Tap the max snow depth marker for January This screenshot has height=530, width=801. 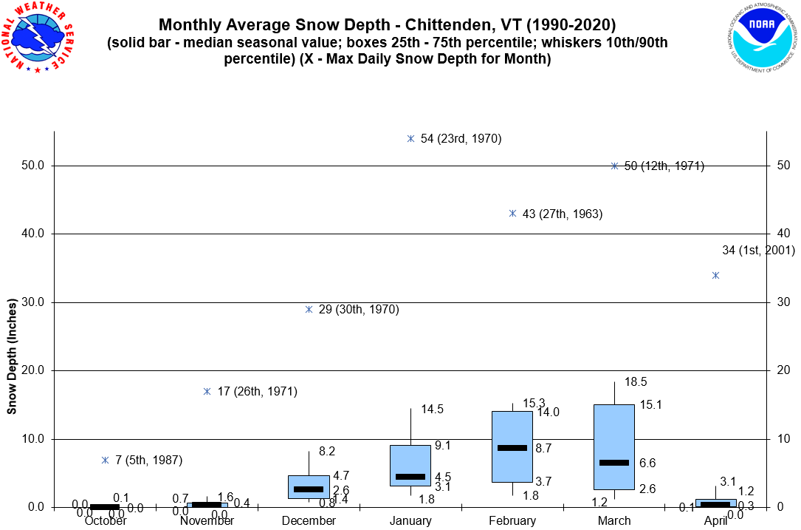[x=410, y=138]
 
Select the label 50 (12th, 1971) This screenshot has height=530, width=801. [x=664, y=166]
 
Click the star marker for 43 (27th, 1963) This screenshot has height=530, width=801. [x=512, y=214]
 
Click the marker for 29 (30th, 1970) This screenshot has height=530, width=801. [x=309, y=310]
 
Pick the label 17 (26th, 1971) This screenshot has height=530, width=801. [x=257, y=392]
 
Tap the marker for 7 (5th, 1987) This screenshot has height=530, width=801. [x=105, y=460]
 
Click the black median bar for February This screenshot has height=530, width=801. [x=512, y=448]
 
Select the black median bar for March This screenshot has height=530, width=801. [x=614, y=462]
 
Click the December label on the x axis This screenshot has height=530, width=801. [x=309, y=520]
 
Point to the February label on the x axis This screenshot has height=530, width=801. [x=512, y=520]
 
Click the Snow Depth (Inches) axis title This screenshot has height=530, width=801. [x=13, y=356]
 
